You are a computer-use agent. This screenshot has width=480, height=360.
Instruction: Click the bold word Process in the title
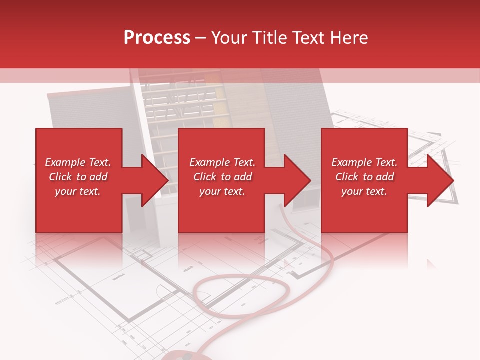coord(157,38)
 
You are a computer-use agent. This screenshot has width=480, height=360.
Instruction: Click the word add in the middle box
coord(243,177)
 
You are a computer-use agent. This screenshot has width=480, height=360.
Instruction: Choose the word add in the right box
coord(385,177)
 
